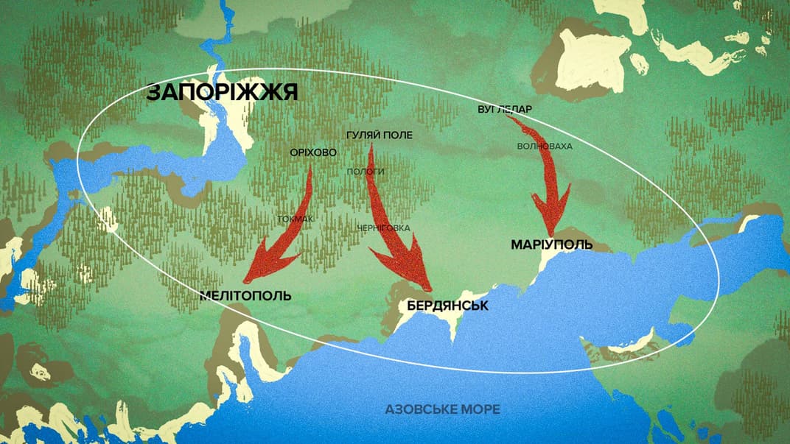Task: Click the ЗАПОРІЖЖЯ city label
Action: point(221,92)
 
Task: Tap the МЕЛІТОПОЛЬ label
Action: point(245,296)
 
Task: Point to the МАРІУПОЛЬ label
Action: point(551,244)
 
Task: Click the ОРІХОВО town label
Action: point(314,152)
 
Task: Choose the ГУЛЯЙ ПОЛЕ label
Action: point(379,135)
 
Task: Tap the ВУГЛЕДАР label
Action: point(505,110)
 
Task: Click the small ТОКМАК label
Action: point(296,219)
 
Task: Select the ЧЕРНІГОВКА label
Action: point(382,228)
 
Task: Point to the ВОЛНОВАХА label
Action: point(545,147)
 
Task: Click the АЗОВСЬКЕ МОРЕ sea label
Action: point(441,409)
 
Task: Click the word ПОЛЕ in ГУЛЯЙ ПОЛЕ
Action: point(398,135)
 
